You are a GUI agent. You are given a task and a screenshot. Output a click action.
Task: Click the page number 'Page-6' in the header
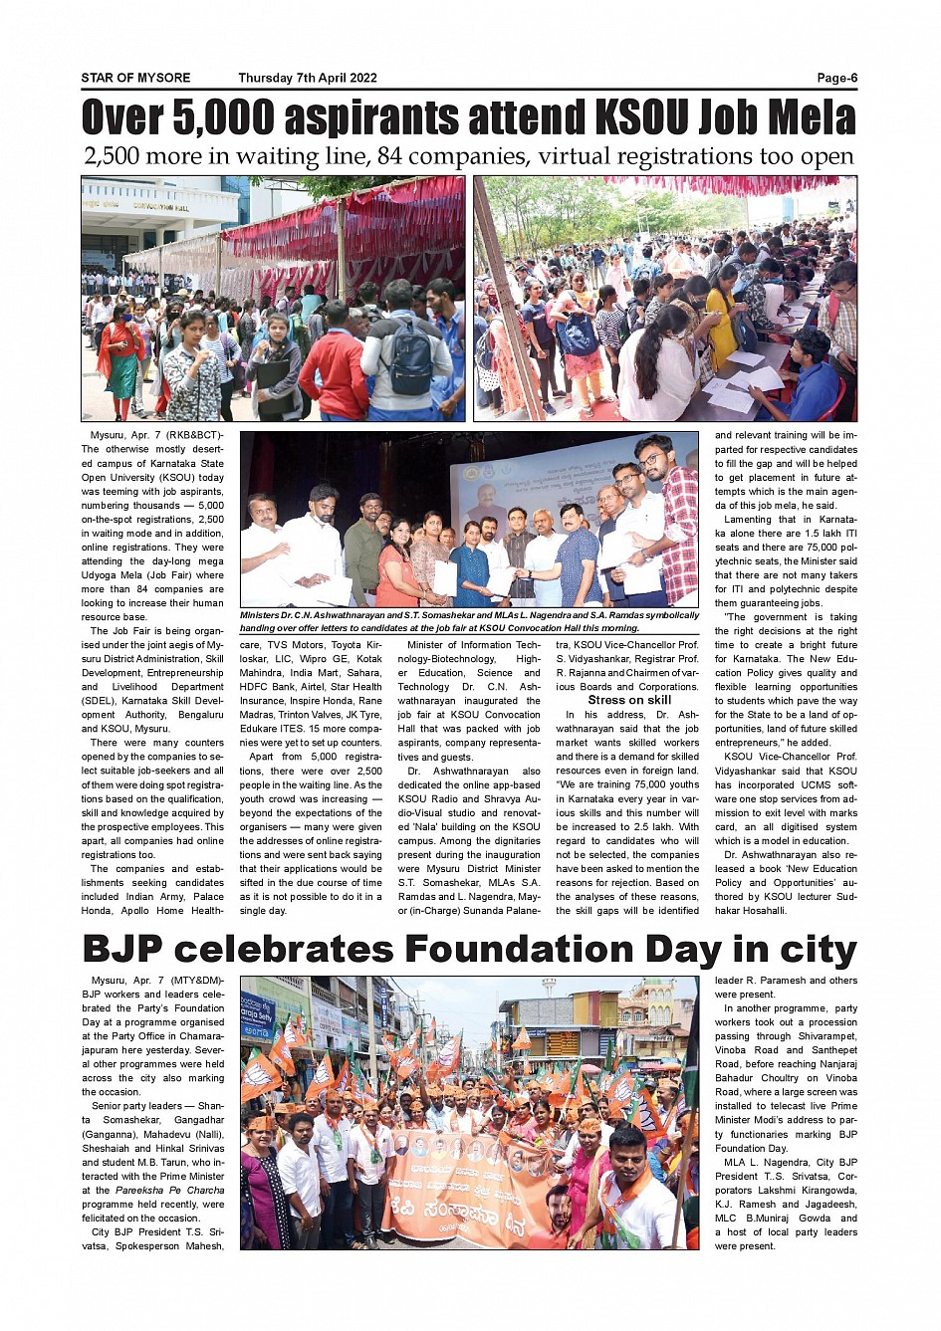(836, 78)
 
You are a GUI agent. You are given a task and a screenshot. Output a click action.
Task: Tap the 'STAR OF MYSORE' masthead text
(135, 78)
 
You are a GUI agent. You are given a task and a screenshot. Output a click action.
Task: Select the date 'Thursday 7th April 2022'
(308, 78)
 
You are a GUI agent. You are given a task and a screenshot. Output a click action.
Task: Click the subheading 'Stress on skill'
(629, 700)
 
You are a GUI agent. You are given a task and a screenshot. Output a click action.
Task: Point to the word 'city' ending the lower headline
(817, 949)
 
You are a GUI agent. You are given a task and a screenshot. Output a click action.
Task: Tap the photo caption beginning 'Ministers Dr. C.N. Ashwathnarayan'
(469, 621)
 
